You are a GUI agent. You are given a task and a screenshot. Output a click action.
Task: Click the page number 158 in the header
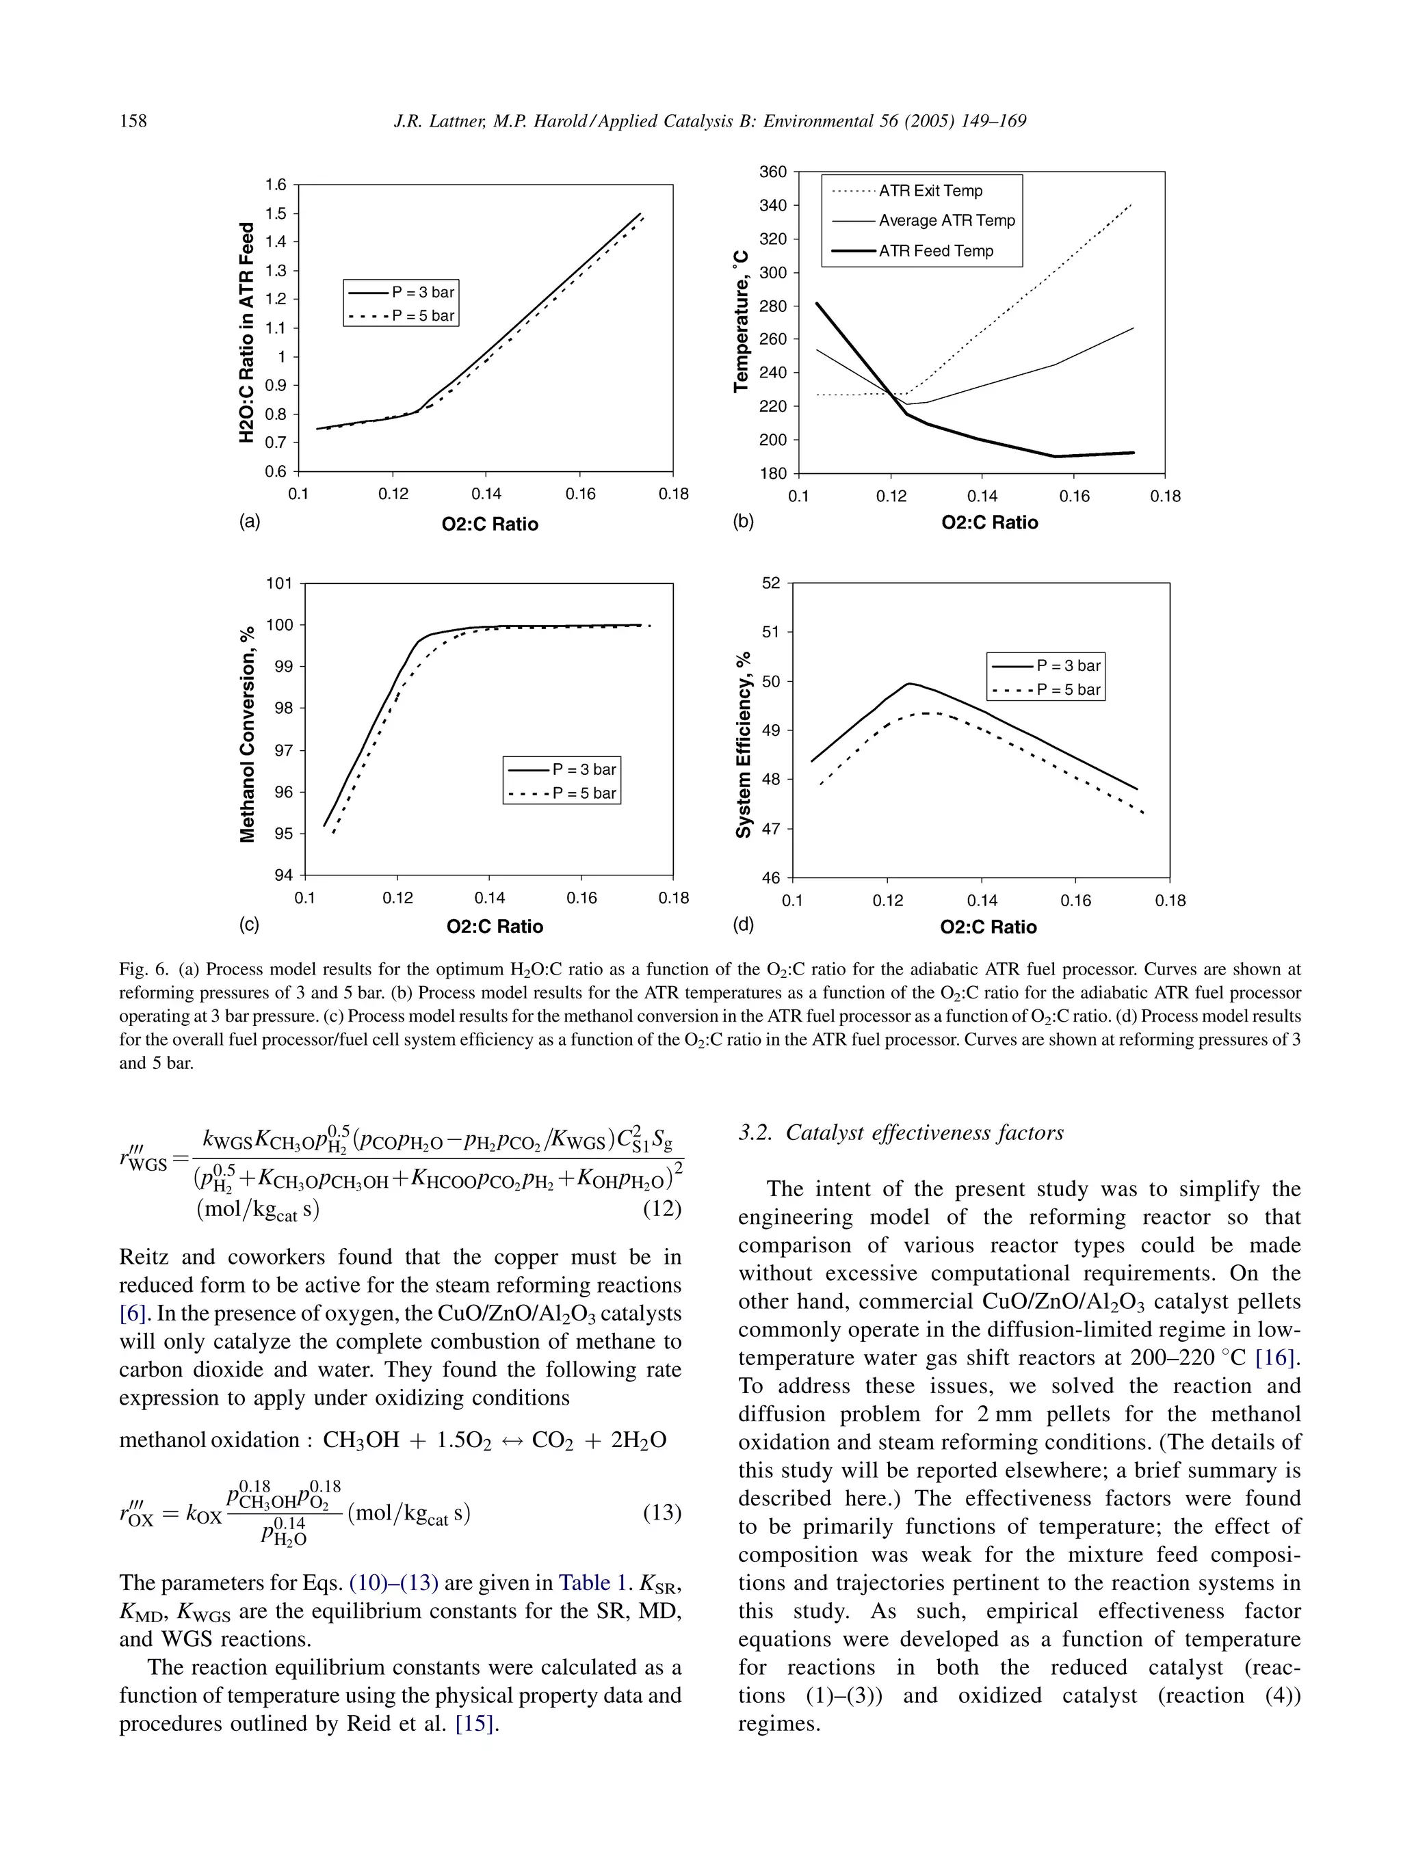click(x=133, y=121)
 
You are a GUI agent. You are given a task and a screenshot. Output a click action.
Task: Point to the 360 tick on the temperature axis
click(x=773, y=172)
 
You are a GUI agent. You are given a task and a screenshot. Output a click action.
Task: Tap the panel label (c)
click(x=248, y=925)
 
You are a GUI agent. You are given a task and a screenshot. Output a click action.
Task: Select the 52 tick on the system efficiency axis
click(x=772, y=584)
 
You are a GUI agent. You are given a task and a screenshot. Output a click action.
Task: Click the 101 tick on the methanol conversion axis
click(x=279, y=584)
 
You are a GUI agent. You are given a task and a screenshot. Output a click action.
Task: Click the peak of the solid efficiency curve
click(x=909, y=684)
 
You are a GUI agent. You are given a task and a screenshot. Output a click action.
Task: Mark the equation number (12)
click(x=662, y=1209)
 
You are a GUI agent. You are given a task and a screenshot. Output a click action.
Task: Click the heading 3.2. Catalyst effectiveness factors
click(x=900, y=1133)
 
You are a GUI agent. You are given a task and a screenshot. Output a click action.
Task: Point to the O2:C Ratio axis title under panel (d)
click(x=988, y=927)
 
